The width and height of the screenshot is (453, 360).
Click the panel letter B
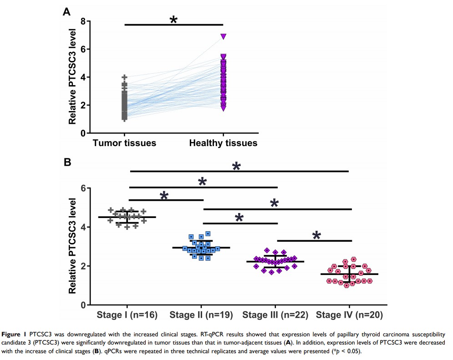tap(66, 162)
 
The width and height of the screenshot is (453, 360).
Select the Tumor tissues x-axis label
tap(124, 143)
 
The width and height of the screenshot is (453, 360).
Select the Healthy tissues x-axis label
tap(223, 143)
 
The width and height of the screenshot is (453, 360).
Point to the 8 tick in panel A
tap(83, 21)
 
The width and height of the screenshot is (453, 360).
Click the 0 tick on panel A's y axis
tap(83, 133)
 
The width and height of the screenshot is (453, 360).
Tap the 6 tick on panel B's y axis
tap(83, 188)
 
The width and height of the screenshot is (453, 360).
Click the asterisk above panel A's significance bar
tap(173, 20)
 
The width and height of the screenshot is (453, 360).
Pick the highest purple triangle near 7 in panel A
tap(223, 36)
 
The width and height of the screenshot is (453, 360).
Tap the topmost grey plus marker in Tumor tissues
tap(124, 77)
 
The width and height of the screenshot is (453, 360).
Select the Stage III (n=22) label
tap(275, 315)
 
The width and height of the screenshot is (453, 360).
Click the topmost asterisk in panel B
tap(236, 167)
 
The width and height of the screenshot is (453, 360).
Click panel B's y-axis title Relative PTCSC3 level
tap(72, 246)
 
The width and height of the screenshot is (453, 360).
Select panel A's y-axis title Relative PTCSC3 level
tap(72, 77)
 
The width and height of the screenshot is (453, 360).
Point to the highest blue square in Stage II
tap(208, 233)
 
